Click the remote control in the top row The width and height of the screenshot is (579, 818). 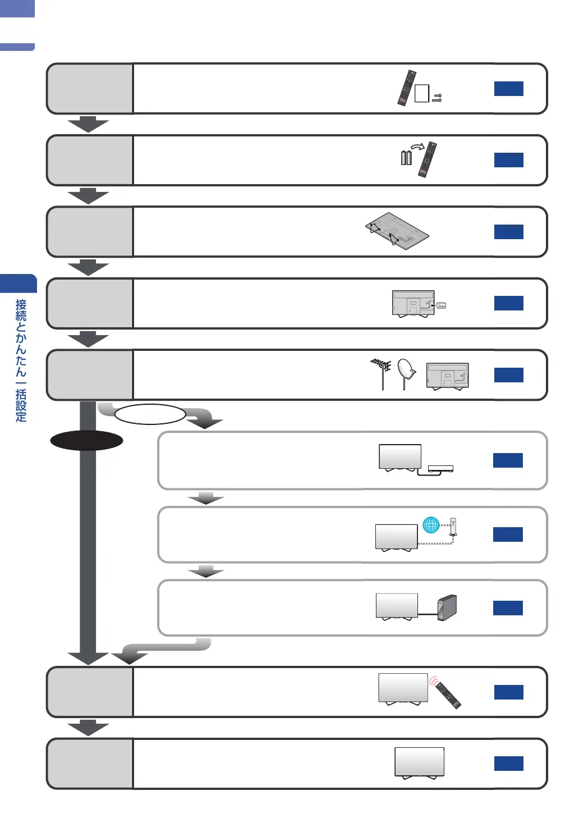(407, 88)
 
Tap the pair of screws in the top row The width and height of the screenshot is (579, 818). (437, 98)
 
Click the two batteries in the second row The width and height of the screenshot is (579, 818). (406, 158)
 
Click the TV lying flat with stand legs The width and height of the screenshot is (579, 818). (397, 230)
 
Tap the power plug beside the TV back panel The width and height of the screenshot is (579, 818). (441, 305)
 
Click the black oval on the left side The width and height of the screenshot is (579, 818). (86, 441)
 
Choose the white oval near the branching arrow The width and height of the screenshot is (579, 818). (150, 414)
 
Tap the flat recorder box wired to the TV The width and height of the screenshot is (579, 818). (440, 469)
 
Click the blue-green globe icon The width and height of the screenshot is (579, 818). (431, 525)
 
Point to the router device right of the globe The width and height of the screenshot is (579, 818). (453, 527)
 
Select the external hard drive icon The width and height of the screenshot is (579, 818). (447, 607)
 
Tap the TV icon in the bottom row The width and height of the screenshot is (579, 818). (419, 762)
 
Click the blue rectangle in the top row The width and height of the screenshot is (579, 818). (508, 89)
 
